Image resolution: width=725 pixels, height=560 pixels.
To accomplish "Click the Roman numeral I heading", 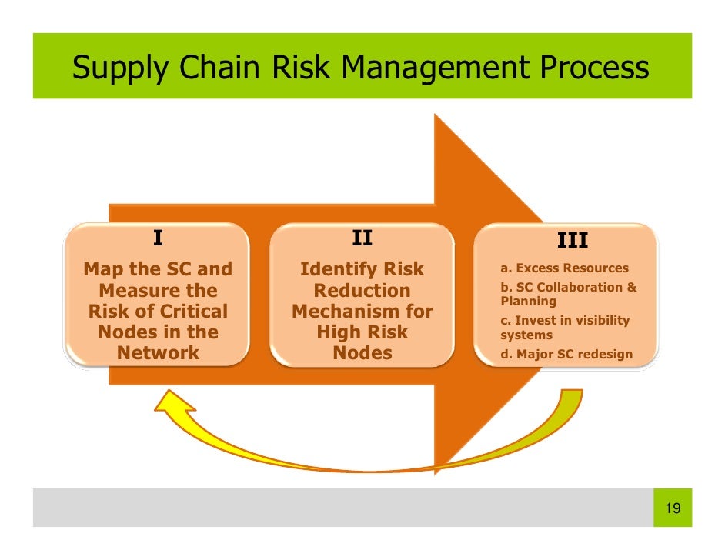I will pos(158,238).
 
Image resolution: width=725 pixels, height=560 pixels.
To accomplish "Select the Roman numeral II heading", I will pos(362,238).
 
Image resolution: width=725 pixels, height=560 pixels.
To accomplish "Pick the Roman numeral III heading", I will pos(572,242).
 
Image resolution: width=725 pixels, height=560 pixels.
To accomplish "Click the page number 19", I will pos(672,508).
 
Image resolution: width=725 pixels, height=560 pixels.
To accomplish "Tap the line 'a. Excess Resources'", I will pos(564,268).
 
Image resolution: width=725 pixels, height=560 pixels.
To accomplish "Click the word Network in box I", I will pos(158,353).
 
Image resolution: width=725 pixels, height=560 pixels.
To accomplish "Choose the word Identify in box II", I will pos(336,270).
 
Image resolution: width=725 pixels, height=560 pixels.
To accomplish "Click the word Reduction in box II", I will pos(362,291).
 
